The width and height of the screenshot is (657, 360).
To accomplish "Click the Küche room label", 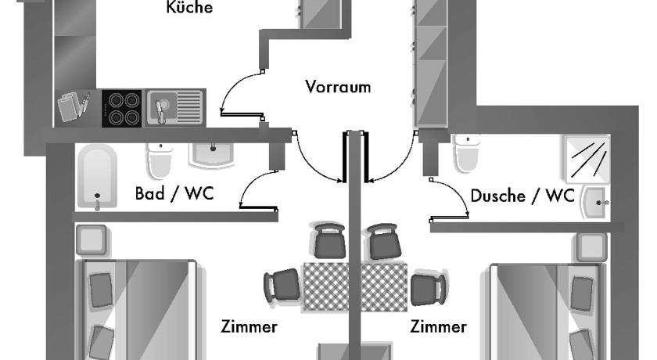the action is click(189, 7).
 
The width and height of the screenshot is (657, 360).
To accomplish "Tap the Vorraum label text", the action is click(338, 87).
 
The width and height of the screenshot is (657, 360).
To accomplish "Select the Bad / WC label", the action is click(174, 193).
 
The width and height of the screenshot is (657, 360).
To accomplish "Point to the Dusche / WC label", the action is click(522, 196).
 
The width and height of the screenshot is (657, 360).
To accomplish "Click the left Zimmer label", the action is click(249, 327).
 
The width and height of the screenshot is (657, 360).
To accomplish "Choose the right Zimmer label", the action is click(438, 327).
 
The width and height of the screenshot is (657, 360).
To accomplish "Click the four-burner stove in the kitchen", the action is click(122, 108).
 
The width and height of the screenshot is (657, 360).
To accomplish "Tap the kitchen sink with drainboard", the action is click(175, 108).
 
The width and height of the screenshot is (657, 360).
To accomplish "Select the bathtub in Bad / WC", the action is click(97, 176).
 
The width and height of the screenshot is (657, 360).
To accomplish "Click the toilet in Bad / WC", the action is click(160, 161).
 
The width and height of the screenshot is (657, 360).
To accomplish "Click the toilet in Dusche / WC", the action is click(467, 153).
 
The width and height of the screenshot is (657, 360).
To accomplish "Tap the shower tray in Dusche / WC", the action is click(587, 158).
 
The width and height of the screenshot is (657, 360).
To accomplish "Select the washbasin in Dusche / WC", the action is click(594, 203).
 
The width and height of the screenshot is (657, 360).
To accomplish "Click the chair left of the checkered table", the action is click(282, 286).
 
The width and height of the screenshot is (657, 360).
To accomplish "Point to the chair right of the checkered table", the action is click(429, 289).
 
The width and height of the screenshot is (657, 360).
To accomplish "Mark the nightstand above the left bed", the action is click(92, 239).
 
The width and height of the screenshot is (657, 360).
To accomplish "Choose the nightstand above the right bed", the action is click(591, 247).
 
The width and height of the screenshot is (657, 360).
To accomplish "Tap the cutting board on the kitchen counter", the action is click(69, 106).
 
